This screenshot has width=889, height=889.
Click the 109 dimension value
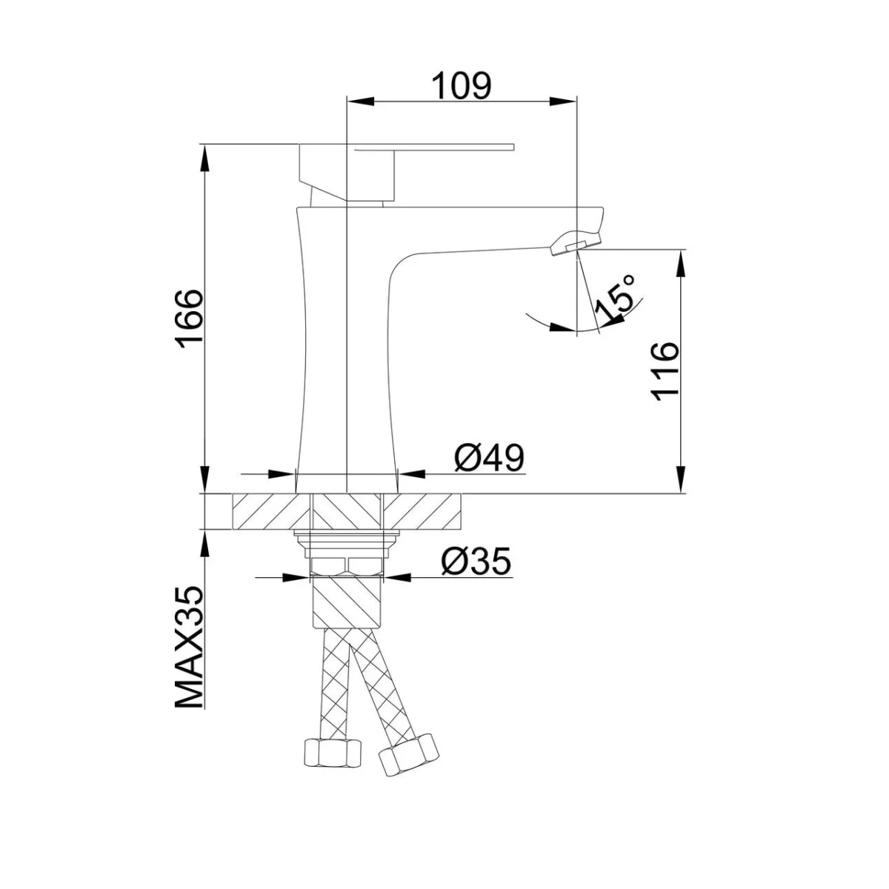click(462, 85)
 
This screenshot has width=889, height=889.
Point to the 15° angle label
click(616, 299)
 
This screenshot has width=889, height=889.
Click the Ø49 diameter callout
click(489, 458)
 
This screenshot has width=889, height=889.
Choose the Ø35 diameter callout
click(476, 562)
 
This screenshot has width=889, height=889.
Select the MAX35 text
click(189, 647)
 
